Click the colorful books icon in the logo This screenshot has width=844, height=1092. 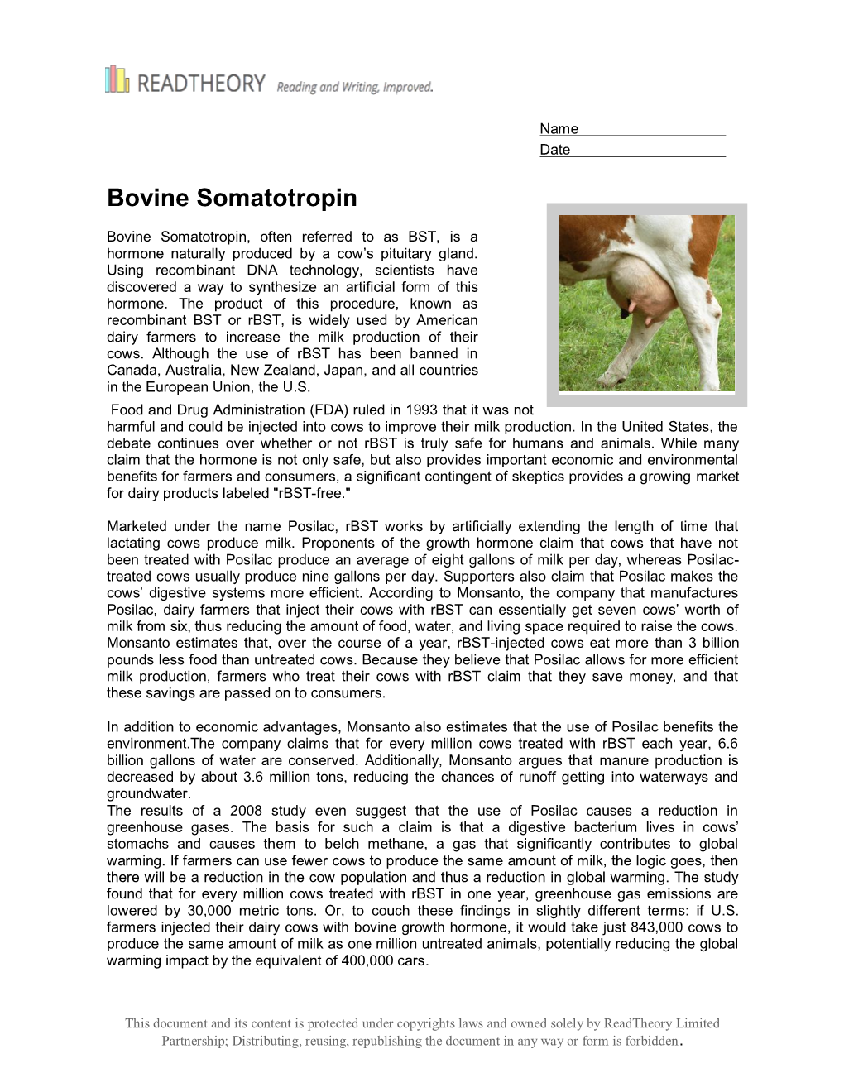(x=117, y=79)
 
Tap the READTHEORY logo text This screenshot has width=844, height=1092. (x=201, y=83)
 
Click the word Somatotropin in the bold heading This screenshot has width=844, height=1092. (x=277, y=199)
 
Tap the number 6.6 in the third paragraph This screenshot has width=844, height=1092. (x=728, y=744)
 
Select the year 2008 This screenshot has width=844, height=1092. (x=246, y=811)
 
